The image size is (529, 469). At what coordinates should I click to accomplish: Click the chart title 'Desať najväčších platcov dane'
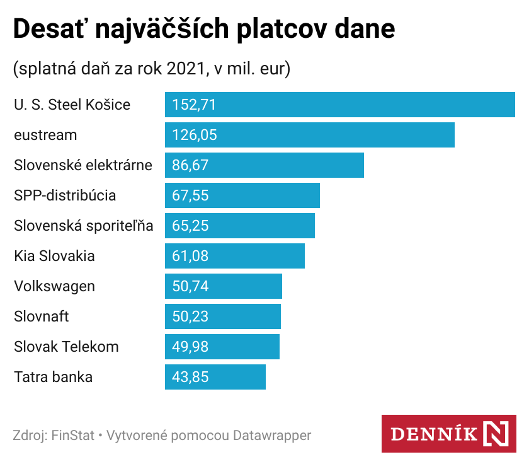204,30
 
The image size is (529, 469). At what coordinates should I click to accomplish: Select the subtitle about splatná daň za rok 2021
151,69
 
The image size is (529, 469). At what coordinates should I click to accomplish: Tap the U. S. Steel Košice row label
72,105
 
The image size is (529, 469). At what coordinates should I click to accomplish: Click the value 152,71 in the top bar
194,105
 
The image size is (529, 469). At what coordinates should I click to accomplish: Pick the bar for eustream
309,135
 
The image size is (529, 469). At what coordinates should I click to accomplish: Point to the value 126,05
194,135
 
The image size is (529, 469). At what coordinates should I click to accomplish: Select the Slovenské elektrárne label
83,165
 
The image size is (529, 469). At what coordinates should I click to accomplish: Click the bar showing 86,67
264,165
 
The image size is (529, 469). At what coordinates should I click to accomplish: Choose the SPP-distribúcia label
65,195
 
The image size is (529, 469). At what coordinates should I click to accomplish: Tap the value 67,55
190,195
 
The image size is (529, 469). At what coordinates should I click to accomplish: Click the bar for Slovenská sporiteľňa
239,226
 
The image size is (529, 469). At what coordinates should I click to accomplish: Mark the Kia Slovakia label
54,256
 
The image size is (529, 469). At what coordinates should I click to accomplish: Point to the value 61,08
190,256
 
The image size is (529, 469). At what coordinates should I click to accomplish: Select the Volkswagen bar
223,286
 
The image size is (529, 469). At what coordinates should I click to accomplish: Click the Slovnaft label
42,316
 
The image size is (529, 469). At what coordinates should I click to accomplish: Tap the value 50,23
190,316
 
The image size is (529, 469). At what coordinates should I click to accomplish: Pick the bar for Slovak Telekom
222,347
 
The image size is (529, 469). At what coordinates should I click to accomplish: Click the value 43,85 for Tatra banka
190,377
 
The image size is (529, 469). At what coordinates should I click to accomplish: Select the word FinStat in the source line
72,435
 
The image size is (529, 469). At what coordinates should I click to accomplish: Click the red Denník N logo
448,434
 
